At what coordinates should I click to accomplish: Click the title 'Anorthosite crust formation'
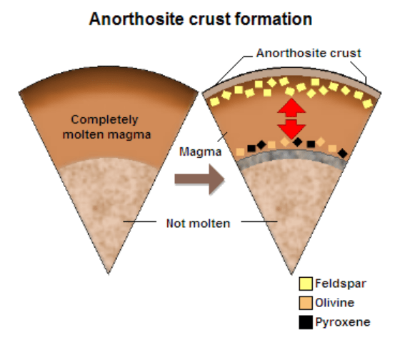point(201,19)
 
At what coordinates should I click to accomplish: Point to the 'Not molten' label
point(199,224)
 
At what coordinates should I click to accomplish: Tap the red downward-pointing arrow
point(291,128)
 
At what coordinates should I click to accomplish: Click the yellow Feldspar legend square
point(306,284)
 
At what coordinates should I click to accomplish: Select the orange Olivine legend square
point(306,303)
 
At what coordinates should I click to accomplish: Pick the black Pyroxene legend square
point(306,322)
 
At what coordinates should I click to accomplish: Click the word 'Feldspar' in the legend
point(341,284)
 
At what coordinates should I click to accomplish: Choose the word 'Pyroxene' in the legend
point(343,322)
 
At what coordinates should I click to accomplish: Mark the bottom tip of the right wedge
point(291,272)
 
